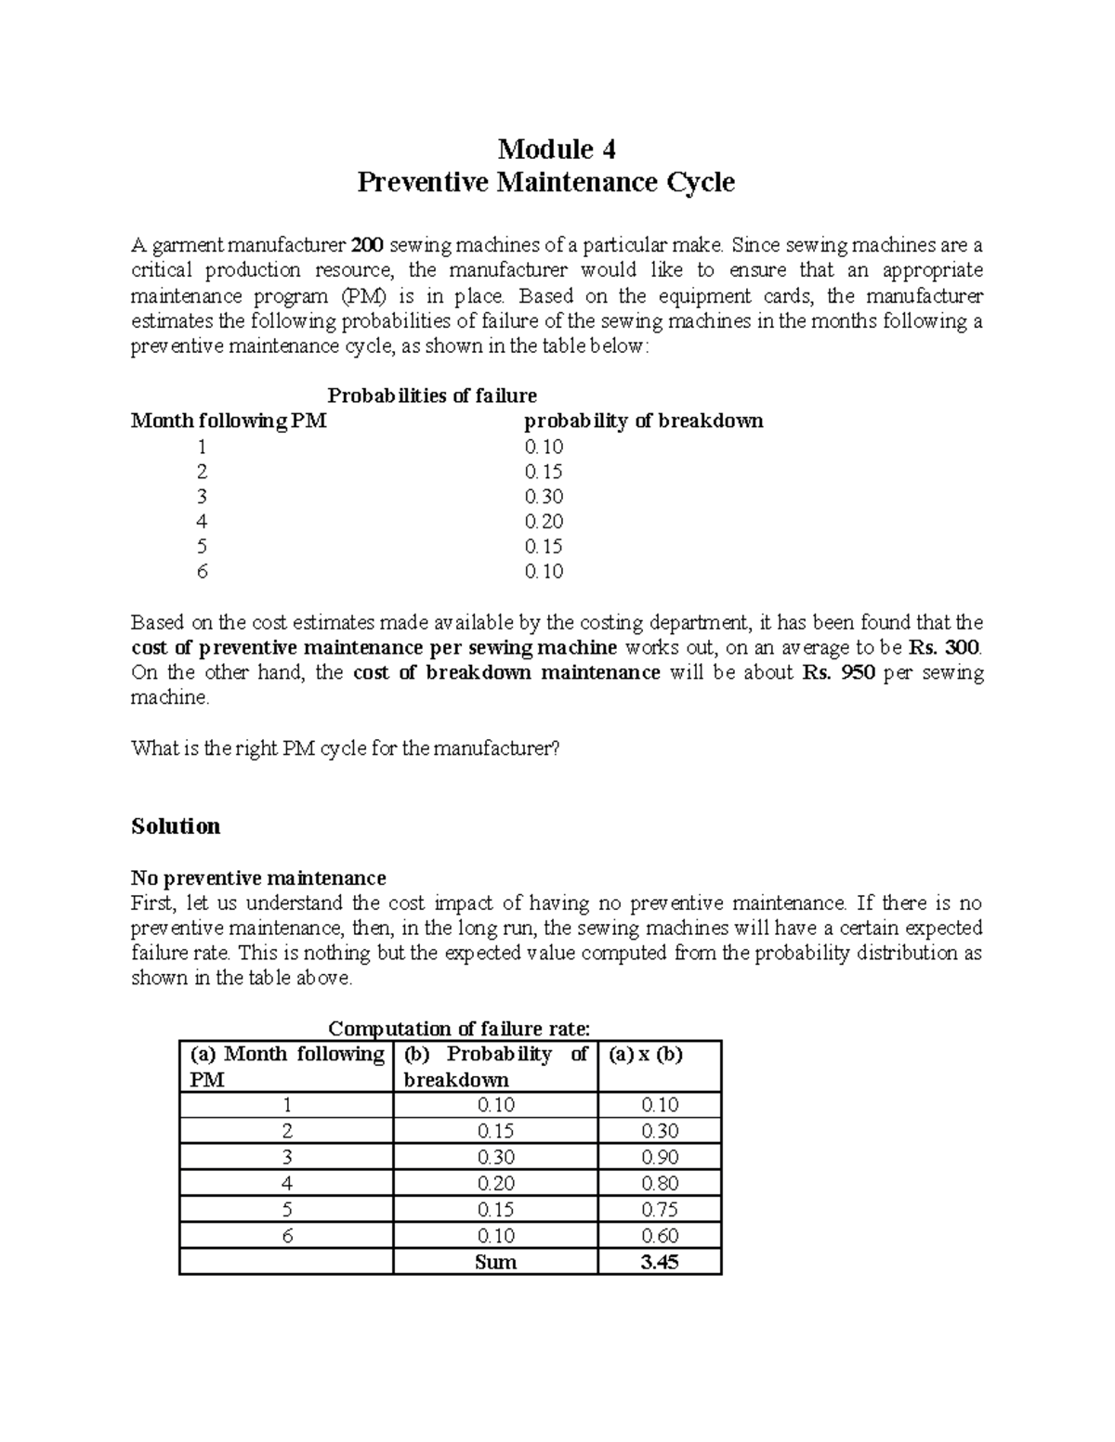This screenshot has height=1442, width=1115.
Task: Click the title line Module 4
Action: pyautogui.click(x=557, y=149)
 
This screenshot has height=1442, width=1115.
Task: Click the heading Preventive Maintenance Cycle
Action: pyautogui.click(x=546, y=182)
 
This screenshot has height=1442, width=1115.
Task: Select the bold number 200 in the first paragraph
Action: pyautogui.click(x=368, y=246)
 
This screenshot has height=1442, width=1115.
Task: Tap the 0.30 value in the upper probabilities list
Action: pyautogui.click(x=544, y=497)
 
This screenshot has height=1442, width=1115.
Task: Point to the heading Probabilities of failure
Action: pyautogui.click(x=432, y=396)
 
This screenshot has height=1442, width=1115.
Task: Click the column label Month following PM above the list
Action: pyautogui.click(x=229, y=422)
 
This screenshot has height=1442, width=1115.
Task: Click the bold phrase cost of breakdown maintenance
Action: pyautogui.click(x=506, y=672)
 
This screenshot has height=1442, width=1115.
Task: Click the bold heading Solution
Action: pyautogui.click(x=176, y=826)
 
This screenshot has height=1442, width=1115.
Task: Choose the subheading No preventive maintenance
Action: pyautogui.click(x=258, y=877)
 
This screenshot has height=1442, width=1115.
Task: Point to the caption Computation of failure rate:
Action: pyautogui.click(x=460, y=1029)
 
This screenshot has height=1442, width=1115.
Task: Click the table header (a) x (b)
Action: pyautogui.click(x=646, y=1055)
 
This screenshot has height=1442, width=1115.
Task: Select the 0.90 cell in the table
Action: pyautogui.click(x=660, y=1157)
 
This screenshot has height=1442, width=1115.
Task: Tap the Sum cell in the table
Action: pyautogui.click(x=495, y=1262)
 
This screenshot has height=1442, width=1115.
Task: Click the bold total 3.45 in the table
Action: pyautogui.click(x=660, y=1262)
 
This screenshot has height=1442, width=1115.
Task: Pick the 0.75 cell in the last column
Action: pyautogui.click(x=660, y=1209)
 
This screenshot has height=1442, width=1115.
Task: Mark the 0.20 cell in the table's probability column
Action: pyautogui.click(x=495, y=1183)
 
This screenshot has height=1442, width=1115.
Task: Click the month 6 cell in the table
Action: pyautogui.click(x=287, y=1236)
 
